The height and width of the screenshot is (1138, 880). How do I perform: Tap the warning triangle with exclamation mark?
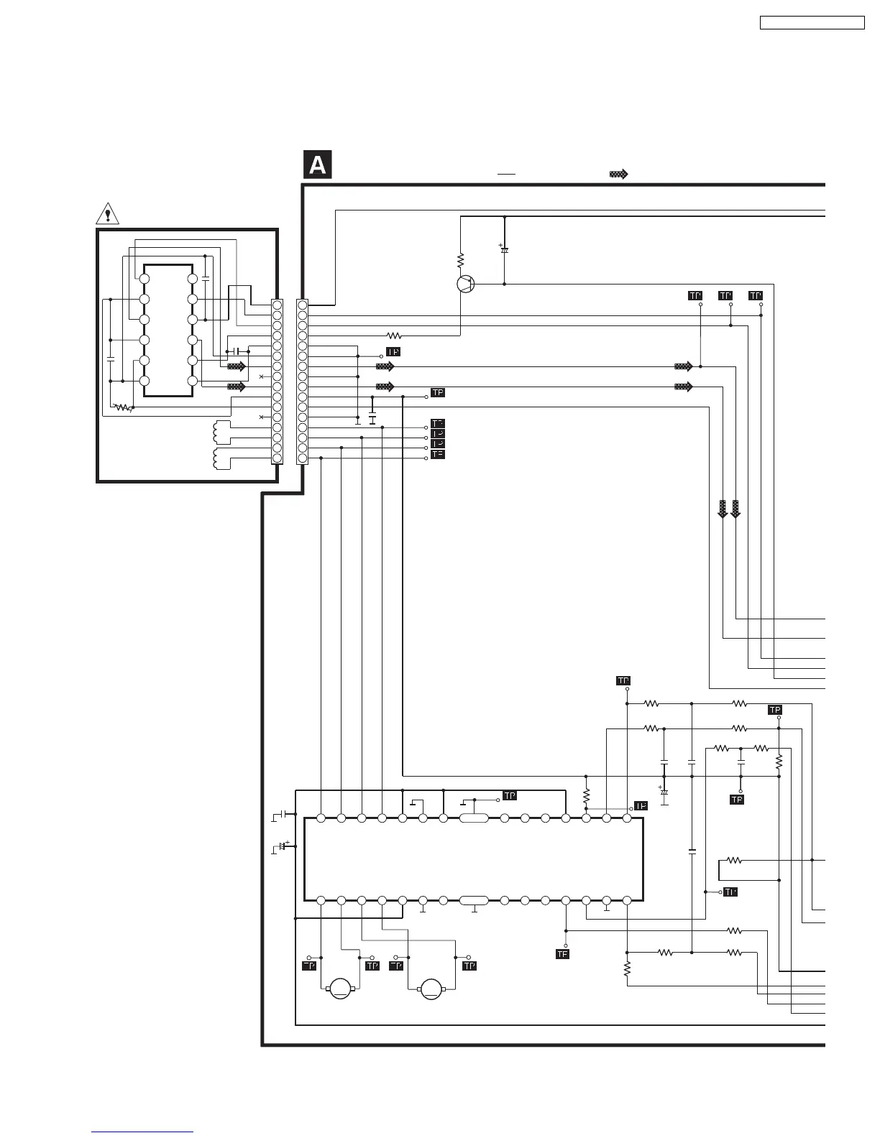coord(107,213)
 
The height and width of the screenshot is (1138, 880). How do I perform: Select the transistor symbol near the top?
coord(466,284)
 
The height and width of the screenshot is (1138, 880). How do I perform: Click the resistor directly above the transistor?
coord(461,259)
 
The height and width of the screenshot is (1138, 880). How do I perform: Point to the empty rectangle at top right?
coord(812,23)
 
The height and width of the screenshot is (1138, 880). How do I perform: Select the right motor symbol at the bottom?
coord(431,989)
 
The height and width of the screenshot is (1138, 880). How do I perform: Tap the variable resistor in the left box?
coord(124,407)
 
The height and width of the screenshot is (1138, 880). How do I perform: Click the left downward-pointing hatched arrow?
coord(723,509)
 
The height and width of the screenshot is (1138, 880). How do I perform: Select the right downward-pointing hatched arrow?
coord(735,509)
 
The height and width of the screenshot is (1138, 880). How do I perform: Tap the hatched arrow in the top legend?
coord(618,174)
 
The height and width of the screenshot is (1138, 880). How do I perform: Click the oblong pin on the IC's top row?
coord(474,818)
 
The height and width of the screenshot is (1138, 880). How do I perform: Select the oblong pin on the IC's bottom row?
coord(474,899)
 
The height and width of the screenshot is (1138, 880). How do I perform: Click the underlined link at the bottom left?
coord(142,1132)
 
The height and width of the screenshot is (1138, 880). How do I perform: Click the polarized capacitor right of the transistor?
coord(504,249)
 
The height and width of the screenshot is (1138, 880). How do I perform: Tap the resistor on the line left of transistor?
coord(394,336)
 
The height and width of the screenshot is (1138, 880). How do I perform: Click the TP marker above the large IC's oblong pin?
coord(509,796)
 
